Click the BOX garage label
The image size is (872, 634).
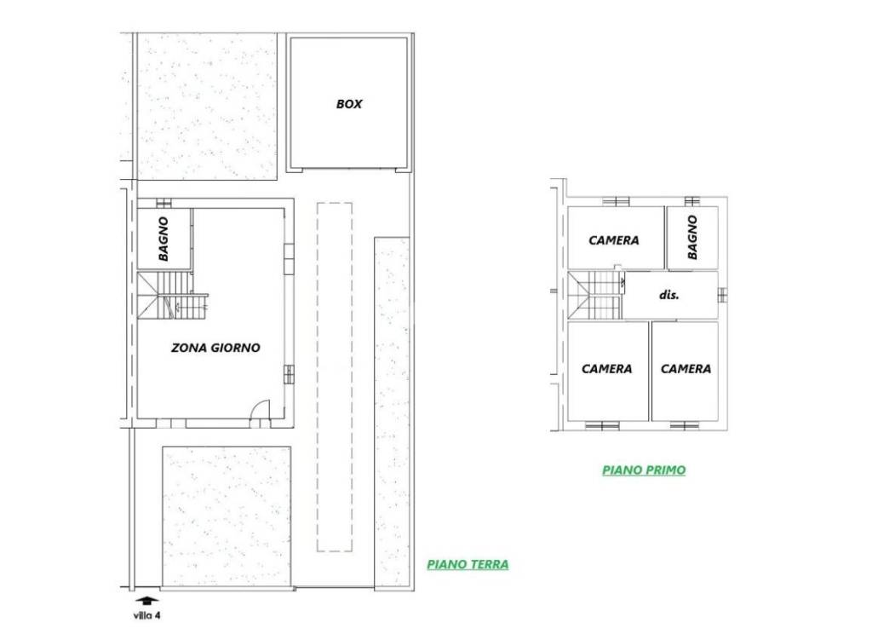point(349,104)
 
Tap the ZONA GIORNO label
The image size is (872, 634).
point(215,348)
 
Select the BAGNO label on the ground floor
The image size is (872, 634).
point(163,239)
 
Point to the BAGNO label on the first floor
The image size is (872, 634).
point(692,238)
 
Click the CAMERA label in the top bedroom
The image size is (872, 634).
point(614,240)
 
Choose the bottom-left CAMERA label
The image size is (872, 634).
point(606,369)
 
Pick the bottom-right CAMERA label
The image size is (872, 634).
point(686,369)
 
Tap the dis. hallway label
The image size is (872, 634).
point(669,295)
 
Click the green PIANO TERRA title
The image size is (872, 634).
point(468,564)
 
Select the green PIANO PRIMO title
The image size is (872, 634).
point(644,470)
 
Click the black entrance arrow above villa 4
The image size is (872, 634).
point(147,601)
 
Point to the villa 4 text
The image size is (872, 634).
point(146,615)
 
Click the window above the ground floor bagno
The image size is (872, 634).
point(163,203)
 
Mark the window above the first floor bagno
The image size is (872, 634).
point(691,201)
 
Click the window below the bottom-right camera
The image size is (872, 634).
point(684,426)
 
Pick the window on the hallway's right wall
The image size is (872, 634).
point(722,295)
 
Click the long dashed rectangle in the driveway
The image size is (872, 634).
point(335,378)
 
